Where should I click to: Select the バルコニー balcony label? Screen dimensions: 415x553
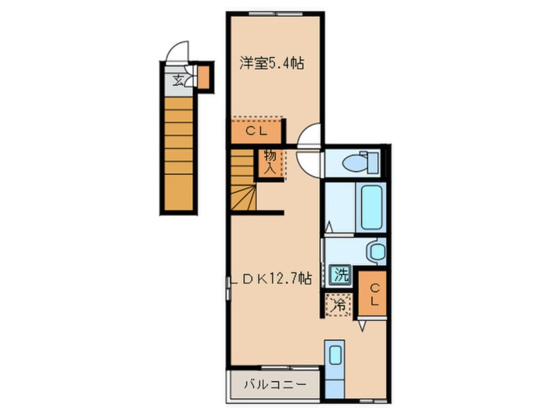tap(273, 384)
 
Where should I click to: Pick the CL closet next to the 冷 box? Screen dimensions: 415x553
tap(373, 293)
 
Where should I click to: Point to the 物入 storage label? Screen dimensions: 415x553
tap(269, 161)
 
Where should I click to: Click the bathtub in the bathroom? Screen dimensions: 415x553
tap(370, 206)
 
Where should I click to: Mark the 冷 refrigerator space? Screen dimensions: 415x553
tap(339, 304)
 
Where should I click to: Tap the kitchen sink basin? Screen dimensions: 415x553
tap(335, 355)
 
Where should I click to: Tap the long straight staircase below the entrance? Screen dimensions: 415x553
tap(178, 154)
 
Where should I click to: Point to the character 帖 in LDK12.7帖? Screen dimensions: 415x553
tap(305, 279)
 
